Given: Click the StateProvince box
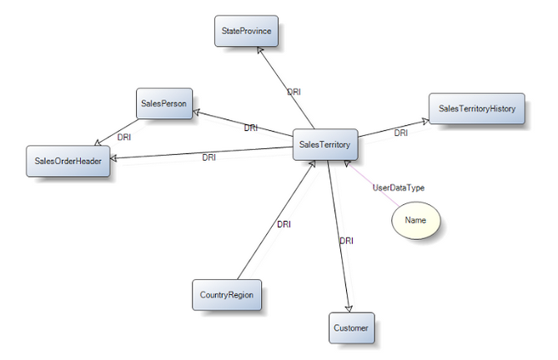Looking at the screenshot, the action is [x=246, y=31].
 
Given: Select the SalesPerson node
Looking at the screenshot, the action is [x=164, y=103].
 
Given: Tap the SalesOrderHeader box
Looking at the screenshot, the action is [x=68, y=161].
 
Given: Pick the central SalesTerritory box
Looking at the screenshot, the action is [x=325, y=145].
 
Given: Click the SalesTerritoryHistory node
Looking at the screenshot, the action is [x=477, y=108].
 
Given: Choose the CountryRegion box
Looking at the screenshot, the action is [x=227, y=295].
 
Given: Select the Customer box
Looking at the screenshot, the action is [x=352, y=328].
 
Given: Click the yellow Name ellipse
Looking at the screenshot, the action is [x=415, y=220].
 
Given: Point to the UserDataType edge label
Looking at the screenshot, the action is [x=398, y=187].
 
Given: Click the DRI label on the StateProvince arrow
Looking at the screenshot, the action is [x=294, y=92].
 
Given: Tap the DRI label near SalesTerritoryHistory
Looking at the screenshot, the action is [x=401, y=132].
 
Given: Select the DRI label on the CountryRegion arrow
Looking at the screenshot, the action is [x=284, y=225].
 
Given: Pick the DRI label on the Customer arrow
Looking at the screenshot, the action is [x=346, y=241].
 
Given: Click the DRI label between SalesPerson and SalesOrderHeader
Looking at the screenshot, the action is [x=124, y=137].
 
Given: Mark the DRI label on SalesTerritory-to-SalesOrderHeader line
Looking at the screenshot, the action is [x=209, y=157].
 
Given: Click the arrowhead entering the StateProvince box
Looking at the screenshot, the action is [x=260, y=51].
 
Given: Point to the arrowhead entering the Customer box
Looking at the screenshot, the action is [x=349, y=309].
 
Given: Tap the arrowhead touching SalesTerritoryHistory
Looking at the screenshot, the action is [x=425, y=122].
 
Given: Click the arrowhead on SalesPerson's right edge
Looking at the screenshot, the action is [x=197, y=112].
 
